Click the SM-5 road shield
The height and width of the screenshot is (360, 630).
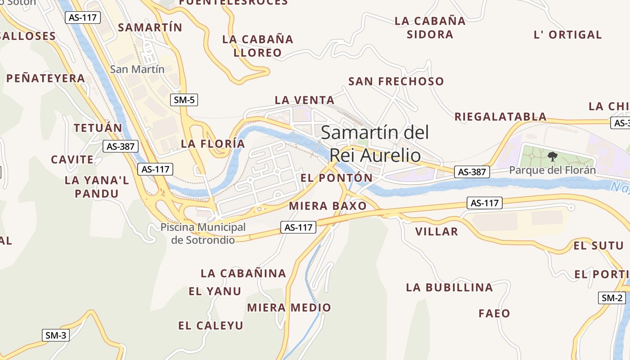click(184, 100)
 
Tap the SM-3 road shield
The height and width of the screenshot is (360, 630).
click(56, 335)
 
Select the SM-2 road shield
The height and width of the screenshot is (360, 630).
click(612, 297)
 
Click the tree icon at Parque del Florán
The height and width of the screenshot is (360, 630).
click(552, 157)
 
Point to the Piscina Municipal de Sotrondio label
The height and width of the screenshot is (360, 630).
click(203, 234)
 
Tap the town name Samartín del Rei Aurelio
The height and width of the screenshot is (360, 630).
click(375, 144)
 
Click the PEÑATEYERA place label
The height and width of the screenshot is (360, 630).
click(45, 78)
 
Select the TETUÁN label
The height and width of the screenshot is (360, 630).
click(98, 128)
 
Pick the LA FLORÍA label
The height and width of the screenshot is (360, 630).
click(213, 144)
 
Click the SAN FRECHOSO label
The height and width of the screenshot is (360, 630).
click(396, 81)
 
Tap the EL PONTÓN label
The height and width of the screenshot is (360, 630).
click(337, 178)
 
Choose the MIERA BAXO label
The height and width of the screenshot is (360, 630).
click(328, 206)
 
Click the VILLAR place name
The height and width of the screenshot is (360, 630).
click(436, 232)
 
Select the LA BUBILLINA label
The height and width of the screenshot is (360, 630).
click(450, 287)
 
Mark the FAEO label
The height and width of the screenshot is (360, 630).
click(494, 313)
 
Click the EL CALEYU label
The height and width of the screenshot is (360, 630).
click(211, 325)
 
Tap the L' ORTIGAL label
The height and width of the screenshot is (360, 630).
click(567, 35)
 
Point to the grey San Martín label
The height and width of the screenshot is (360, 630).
click(137, 69)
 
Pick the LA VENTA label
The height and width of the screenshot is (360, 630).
click(305, 100)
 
